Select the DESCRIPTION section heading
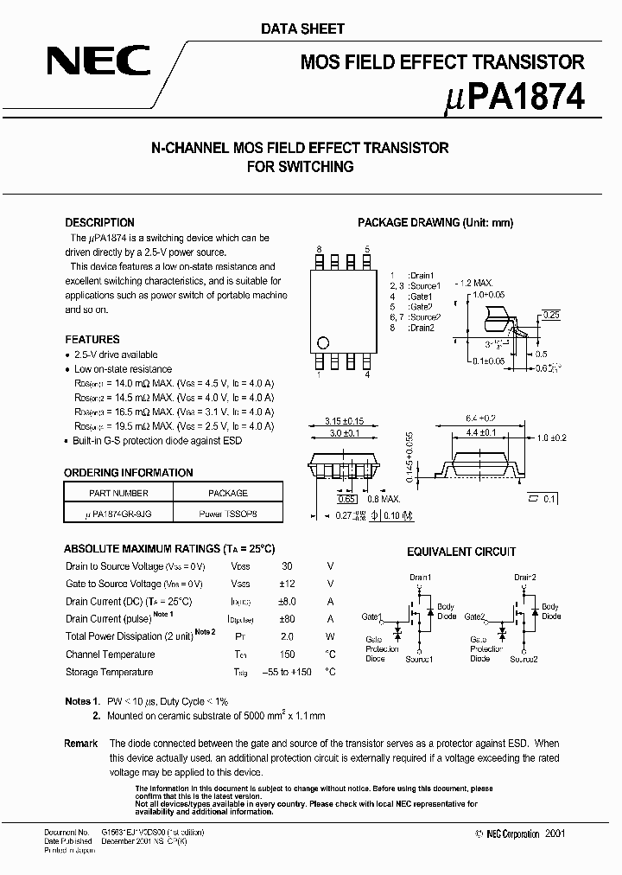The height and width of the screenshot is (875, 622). (x=99, y=222)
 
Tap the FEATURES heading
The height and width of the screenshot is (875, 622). (x=92, y=340)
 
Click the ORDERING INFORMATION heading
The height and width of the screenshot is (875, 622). (x=128, y=473)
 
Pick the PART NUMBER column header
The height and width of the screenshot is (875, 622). (x=119, y=493)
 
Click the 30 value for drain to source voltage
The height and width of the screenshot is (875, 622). (x=287, y=566)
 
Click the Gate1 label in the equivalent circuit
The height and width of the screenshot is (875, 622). (x=371, y=616)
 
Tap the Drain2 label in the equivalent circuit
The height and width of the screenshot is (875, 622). (x=525, y=577)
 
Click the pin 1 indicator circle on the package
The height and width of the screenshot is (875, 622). (x=323, y=341)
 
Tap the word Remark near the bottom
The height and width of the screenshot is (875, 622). (x=80, y=744)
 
